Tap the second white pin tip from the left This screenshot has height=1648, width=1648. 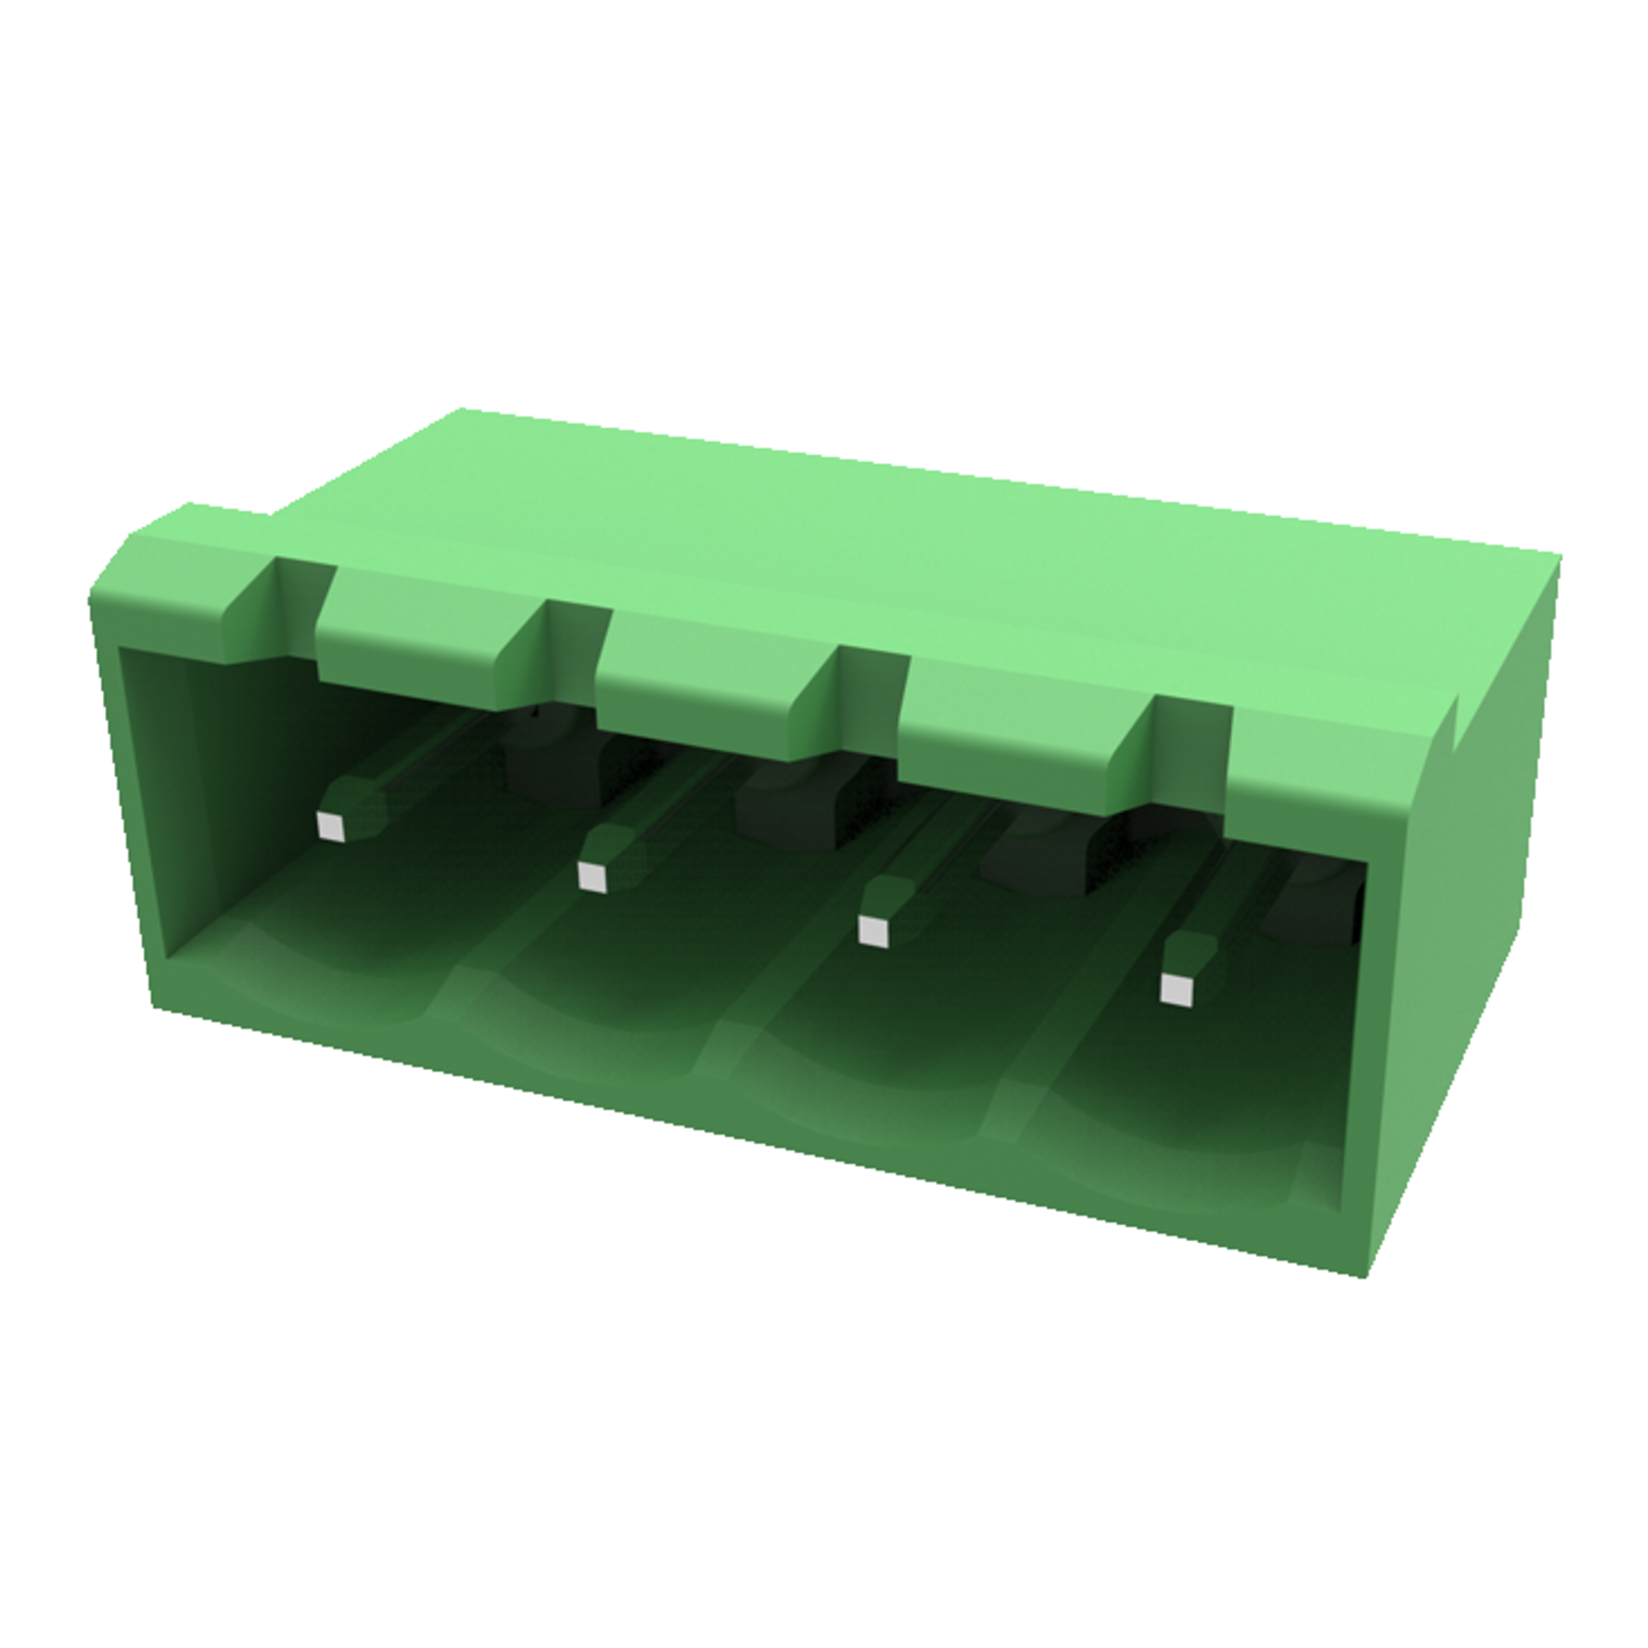click(x=592, y=877)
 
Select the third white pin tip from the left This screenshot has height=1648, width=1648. click(x=873, y=930)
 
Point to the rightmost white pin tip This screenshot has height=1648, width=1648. click(x=1177, y=989)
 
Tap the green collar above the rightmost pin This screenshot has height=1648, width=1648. click(x=1193, y=948)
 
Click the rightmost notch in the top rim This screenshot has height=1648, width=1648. click(x=1191, y=751)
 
